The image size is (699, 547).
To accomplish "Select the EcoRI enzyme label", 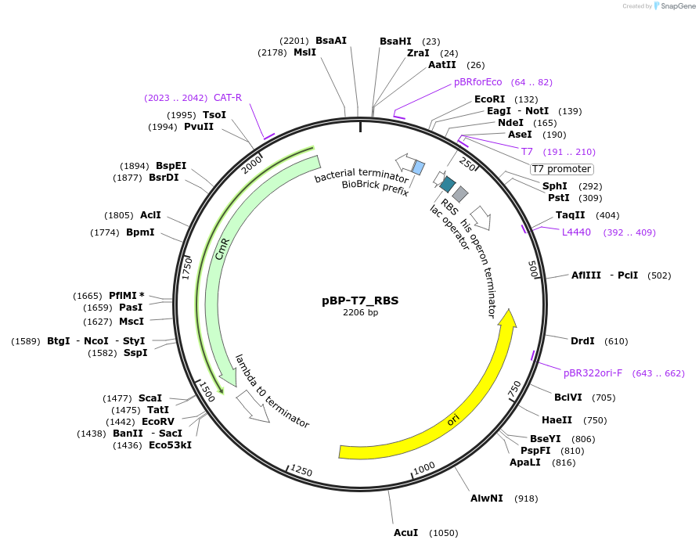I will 489,99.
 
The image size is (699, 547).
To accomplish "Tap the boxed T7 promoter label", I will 561,169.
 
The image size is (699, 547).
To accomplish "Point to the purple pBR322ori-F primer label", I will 593,373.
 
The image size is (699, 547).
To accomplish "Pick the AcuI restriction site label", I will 405,533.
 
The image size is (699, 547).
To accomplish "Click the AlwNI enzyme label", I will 486,498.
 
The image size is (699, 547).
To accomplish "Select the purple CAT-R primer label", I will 228,98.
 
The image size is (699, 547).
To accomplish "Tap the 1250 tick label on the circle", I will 301,470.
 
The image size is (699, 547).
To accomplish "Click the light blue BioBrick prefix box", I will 418,167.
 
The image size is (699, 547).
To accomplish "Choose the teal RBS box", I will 448,184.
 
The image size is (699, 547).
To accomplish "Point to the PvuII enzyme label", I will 199,127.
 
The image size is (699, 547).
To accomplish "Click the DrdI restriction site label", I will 582,341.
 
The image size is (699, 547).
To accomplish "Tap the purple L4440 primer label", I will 576,232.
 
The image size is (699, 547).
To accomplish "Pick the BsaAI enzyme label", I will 331,41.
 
